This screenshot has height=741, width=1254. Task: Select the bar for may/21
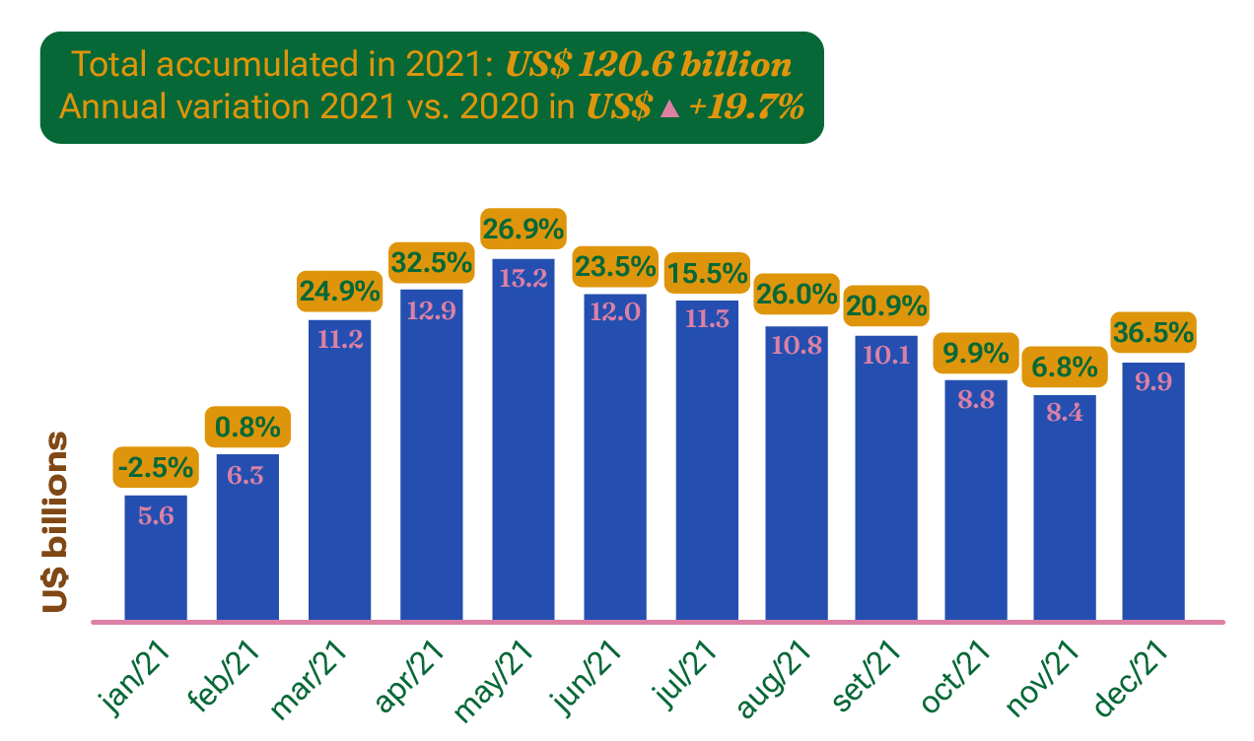[523, 443]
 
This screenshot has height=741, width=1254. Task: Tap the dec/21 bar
[1152, 493]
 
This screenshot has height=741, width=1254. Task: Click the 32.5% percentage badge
[430, 264]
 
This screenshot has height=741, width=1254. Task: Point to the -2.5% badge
[156, 467]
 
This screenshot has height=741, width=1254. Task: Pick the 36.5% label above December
[1152, 333]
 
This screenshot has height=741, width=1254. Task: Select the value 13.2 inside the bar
[523, 278]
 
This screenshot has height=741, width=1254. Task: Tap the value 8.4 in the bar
[1065, 414]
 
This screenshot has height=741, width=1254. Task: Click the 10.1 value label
[886, 354]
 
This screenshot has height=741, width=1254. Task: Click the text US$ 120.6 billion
[648, 65]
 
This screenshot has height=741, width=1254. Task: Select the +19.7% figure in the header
[746, 107]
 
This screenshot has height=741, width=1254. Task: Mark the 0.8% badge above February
[247, 428]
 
